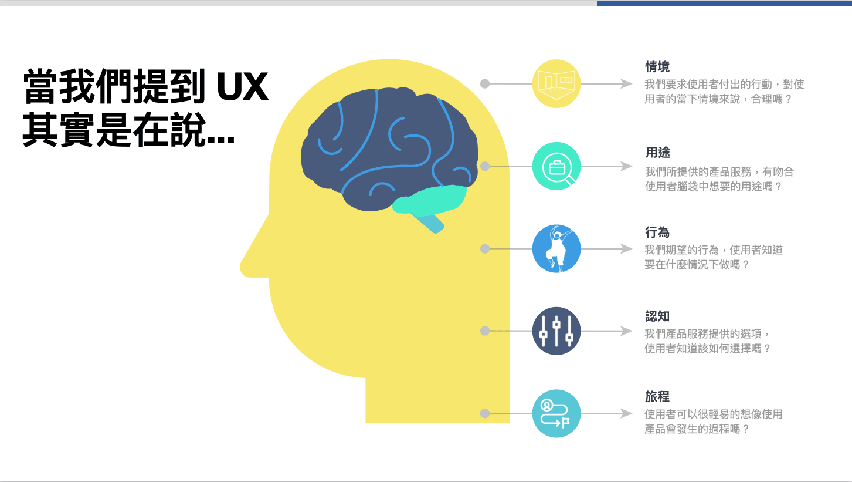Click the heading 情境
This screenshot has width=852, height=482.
(657, 66)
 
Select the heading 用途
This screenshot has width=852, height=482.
(658, 152)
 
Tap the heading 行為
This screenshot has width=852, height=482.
(657, 232)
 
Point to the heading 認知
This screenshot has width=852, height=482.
(657, 316)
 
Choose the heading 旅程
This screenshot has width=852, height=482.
(657, 397)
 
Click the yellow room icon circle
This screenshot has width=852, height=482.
(556, 84)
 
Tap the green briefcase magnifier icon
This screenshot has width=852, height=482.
(556, 166)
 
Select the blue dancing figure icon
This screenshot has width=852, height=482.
(556, 248)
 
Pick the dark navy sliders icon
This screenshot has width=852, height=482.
(556, 331)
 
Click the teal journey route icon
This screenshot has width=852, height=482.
(556, 413)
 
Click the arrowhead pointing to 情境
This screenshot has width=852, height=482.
(626, 84)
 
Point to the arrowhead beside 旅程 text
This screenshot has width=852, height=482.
(626, 413)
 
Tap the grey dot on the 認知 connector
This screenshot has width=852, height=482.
(485, 331)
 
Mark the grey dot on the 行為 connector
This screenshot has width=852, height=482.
(485, 248)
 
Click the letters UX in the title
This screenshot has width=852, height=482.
(243, 87)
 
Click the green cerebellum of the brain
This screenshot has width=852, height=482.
(430, 199)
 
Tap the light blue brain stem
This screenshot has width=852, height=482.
(430, 223)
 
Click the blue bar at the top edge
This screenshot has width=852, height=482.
(724, 4)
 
